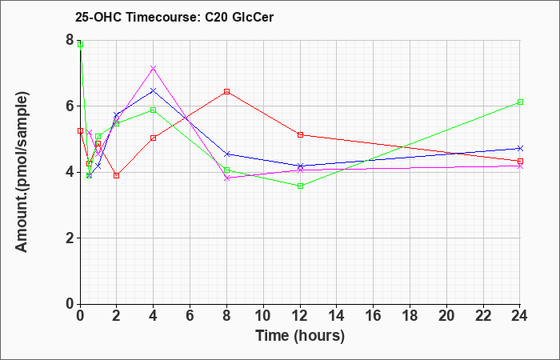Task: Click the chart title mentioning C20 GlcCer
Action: [x=174, y=17]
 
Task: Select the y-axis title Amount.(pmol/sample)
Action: [x=22, y=172]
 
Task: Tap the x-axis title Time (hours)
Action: [x=300, y=336]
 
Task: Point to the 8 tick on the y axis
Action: [x=70, y=40]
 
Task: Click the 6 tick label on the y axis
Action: [x=70, y=106]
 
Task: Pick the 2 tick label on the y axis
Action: [x=70, y=238]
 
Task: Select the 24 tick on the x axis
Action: [x=520, y=316]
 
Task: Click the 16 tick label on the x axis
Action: [x=374, y=316]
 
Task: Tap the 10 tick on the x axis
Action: [x=263, y=316]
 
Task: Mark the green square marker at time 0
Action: [x=80, y=44]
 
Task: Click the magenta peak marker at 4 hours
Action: [x=154, y=68]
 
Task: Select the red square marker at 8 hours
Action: [x=226, y=91]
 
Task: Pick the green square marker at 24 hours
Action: [x=520, y=102]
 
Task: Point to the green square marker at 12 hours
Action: [x=300, y=186]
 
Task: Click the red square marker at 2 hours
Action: [x=117, y=175]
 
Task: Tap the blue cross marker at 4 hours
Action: [x=154, y=90]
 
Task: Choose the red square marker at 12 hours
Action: [x=300, y=134]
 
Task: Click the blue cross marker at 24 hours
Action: [x=520, y=148]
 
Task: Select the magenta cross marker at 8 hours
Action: [x=226, y=178]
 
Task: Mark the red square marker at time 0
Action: [x=80, y=131]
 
